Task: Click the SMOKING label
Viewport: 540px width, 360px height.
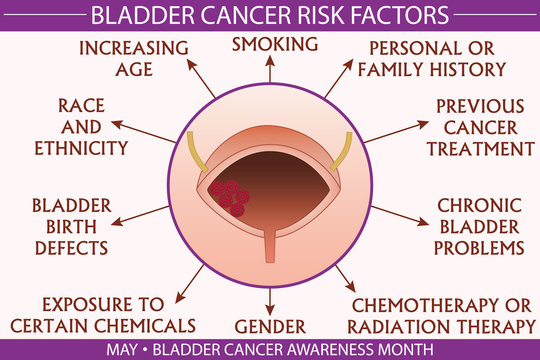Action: point(275,44)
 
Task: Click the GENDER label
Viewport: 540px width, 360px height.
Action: point(270,325)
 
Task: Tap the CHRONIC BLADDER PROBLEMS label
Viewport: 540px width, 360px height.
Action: point(481,225)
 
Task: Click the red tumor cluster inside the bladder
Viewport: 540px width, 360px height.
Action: point(229,195)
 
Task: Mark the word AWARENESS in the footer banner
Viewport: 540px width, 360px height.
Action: point(335,349)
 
